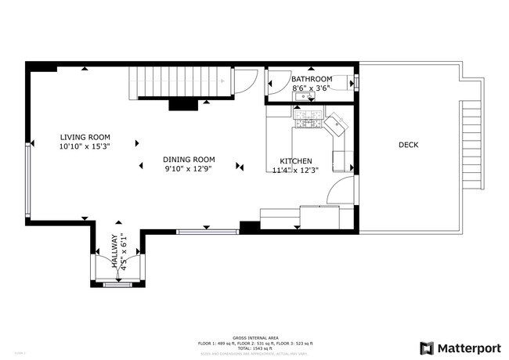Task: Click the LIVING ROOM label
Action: [84, 137]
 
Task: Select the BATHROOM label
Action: [312, 79]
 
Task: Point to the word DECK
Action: [408, 145]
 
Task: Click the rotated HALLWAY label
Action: [114, 252]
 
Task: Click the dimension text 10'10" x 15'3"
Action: [84, 146]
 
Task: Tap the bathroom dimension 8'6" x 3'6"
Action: [312, 88]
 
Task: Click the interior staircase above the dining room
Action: [181, 82]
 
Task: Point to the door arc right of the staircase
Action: [246, 80]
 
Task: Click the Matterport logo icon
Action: [427, 347]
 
